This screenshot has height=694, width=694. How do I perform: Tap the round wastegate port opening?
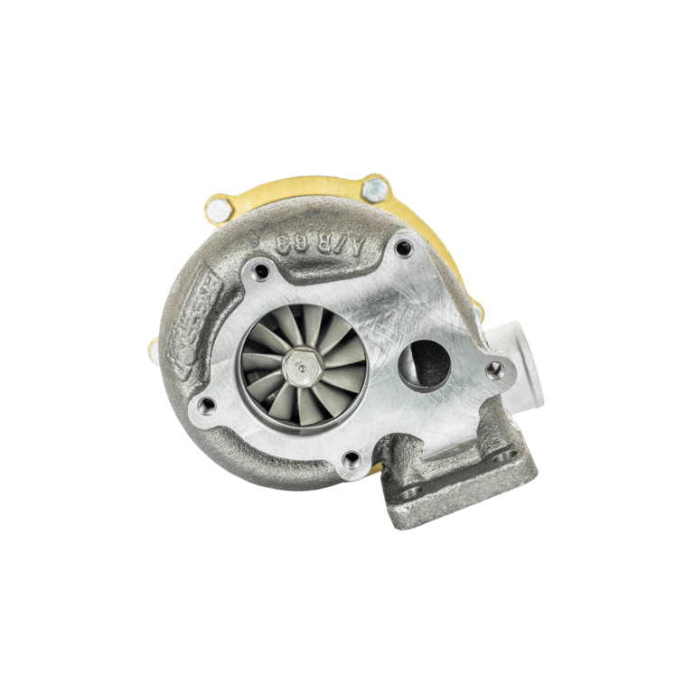pyautogui.click(x=424, y=361)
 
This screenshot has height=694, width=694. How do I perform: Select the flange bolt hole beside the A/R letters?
pyautogui.click(x=403, y=246)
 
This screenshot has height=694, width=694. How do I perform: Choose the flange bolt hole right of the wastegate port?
pyautogui.click(x=493, y=370)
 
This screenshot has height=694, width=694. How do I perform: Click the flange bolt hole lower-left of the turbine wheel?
pyautogui.click(x=207, y=404)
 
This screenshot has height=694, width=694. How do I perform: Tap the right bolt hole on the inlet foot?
pyautogui.click(x=502, y=457)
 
